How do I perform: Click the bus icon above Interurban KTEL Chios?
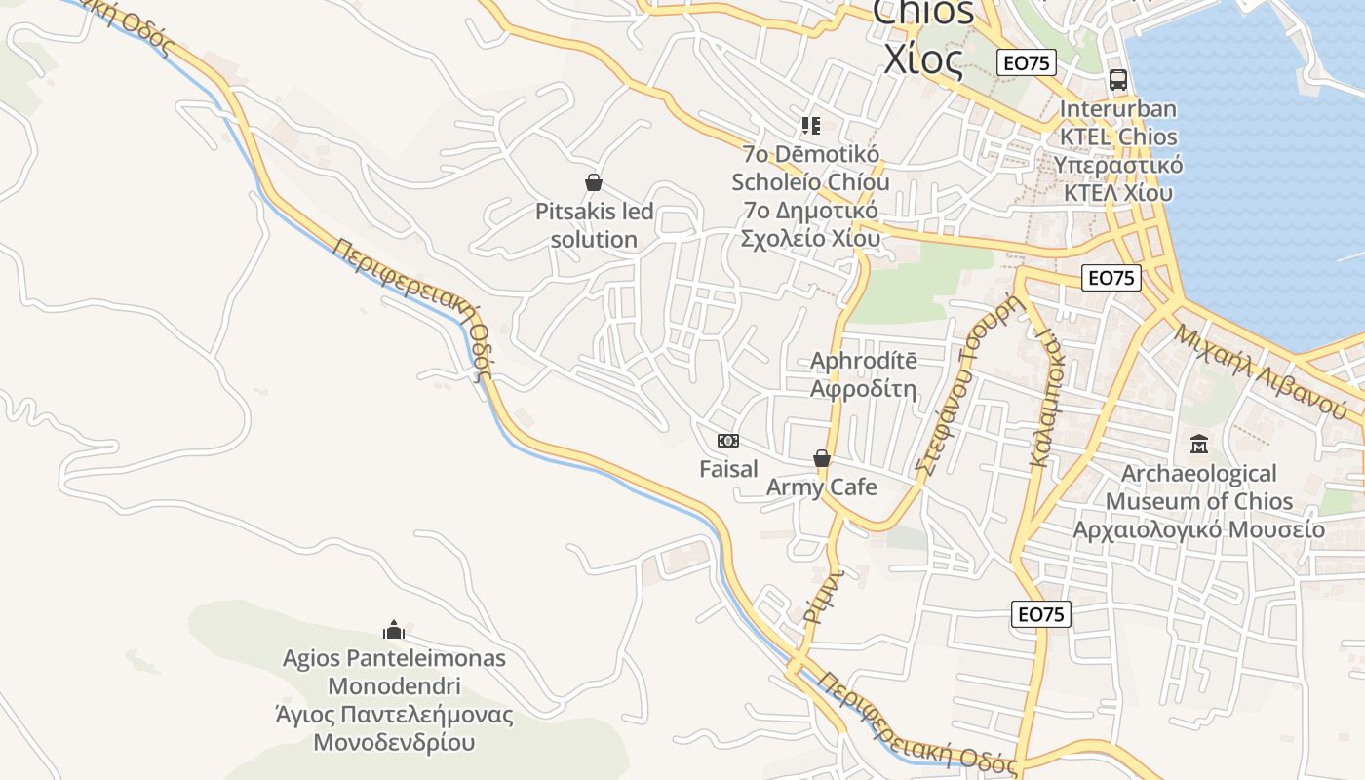(1117, 80)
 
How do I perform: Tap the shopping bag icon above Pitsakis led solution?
(593, 182)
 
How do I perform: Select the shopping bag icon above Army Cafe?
(822, 458)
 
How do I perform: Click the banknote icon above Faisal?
(728, 441)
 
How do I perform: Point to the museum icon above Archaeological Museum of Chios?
(1198, 445)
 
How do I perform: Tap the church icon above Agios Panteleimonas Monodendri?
(394, 630)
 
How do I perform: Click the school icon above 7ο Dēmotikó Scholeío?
(810, 126)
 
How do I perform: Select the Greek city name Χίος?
(922, 59)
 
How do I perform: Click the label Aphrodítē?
(864, 361)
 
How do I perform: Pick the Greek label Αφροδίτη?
(864, 389)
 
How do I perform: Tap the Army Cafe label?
(822, 487)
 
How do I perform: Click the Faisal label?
(728, 469)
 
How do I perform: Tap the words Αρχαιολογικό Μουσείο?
(1198, 529)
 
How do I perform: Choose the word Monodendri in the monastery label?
(394, 685)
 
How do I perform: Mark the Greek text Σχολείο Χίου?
(810, 238)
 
